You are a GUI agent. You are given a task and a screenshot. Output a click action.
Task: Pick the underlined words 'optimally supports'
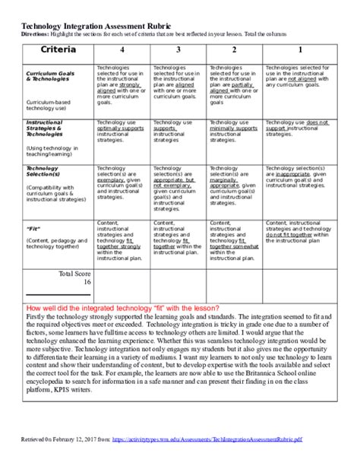[119, 128]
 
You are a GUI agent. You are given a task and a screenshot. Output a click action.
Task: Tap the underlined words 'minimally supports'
[232, 128]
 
